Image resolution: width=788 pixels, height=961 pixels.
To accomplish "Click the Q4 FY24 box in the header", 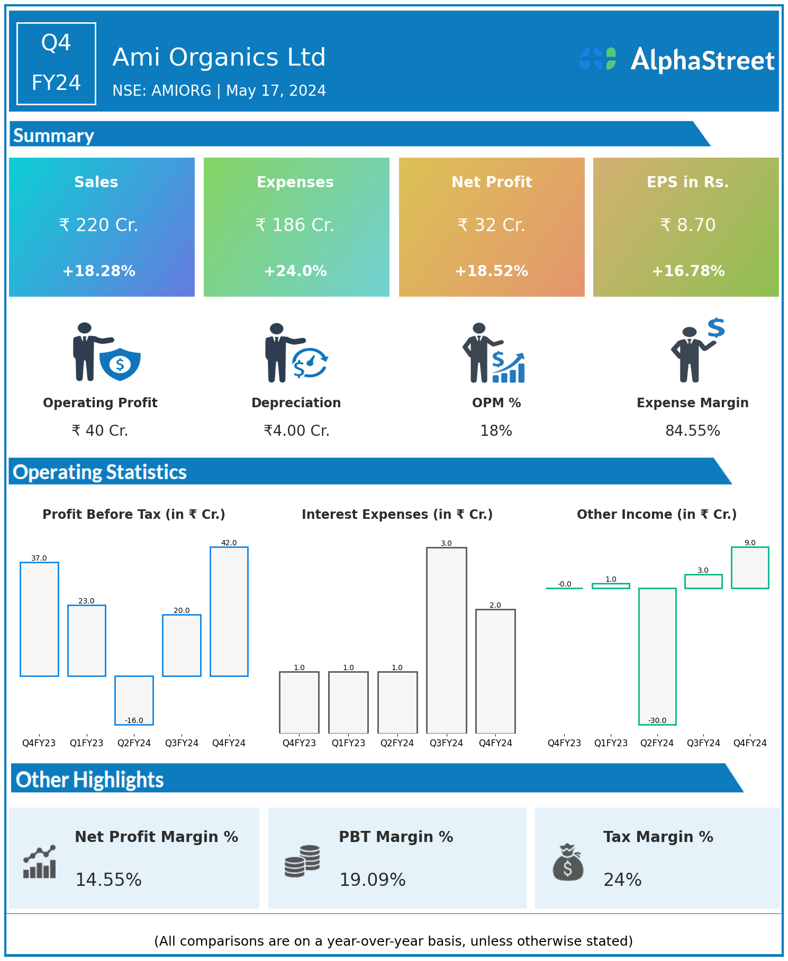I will pos(56,63).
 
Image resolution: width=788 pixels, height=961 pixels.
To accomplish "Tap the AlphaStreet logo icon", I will pos(598,59).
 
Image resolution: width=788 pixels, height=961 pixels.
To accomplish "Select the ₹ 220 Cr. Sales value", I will pos(98,225).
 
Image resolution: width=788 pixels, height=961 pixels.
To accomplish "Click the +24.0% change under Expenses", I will pos(295,271).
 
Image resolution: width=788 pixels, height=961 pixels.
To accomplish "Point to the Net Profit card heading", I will pos(492,182).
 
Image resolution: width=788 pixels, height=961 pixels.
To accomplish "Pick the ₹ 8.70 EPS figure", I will pos(688,225).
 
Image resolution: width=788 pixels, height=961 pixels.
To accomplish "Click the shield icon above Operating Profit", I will pos(120,364).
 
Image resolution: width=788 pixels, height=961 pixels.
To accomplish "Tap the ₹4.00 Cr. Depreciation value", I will pos(296,431).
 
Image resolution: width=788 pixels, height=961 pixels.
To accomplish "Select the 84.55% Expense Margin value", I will pos(692,431).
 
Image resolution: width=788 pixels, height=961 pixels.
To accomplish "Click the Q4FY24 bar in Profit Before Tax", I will pos(229,611).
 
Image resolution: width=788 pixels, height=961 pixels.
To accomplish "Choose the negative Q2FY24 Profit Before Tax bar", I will pos(134,700).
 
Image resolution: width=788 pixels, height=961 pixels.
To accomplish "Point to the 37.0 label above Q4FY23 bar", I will pos(39,558).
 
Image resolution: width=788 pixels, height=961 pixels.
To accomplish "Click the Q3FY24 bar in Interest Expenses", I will pos(447,640).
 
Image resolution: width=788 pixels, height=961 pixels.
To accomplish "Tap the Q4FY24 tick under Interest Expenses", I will pos(495,743).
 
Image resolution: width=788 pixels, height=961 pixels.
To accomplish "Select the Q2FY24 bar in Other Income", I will pos(657,656).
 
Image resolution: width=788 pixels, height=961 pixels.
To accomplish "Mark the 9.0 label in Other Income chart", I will pos(750,543).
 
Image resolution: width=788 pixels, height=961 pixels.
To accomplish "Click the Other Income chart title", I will pos(656,515).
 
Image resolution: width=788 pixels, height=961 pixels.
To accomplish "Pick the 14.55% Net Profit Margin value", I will pos(108,880).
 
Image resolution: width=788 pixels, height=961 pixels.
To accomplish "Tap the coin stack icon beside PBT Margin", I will pos(302,861).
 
